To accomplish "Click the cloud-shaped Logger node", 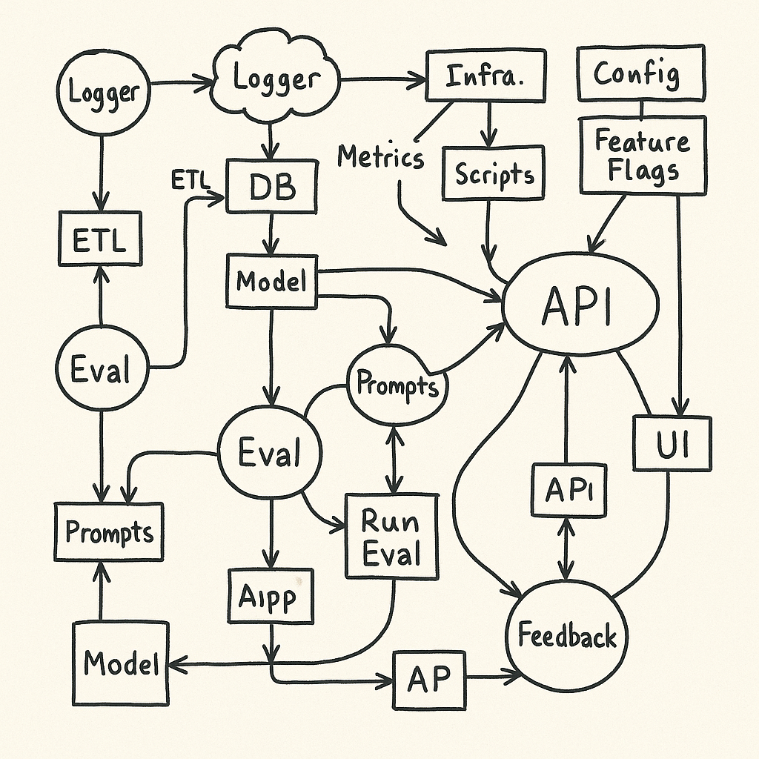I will coord(276,78).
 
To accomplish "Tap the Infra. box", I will coord(485,76).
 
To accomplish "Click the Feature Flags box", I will coord(643,156).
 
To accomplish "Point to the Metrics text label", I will coord(380,157).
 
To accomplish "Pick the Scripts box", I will coord(494,173).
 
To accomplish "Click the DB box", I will coord(272,188).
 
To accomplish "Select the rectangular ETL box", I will coord(100,239).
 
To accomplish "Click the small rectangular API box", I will coord(569,490).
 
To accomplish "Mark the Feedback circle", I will coord(566,635).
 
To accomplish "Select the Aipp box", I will coord(271,595).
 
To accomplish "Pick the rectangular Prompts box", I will coord(108,531).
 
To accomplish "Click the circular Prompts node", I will coord(397,384).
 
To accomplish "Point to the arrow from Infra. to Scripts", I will coord(488,123).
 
